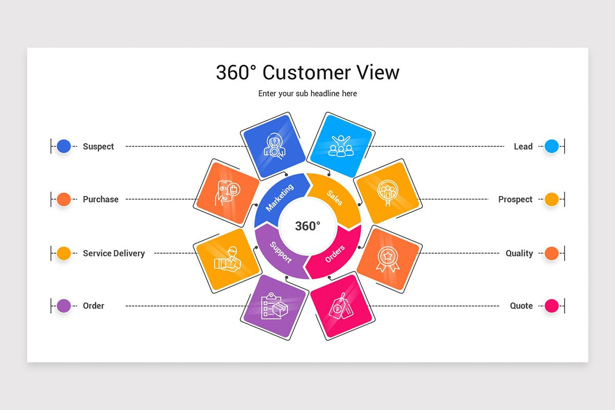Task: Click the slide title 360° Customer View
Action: [x=307, y=72]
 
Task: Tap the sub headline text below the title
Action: [x=307, y=94]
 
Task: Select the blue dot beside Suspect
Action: [x=64, y=146]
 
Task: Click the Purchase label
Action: [x=100, y=199]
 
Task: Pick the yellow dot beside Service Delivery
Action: [x=64, y=253]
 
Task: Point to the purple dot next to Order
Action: [x=64, y=306]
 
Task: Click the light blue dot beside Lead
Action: [x=551, y=146]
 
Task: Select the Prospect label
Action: [x=515, y=199]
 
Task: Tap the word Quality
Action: [x=519, y=253]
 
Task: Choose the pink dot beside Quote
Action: [x=551, y=306]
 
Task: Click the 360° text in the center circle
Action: [x=307, y=226]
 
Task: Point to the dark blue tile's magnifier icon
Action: [x=274, y=146]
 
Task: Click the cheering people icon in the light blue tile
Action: [x=341, y=146]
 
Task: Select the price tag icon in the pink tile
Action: [x=341, y=306]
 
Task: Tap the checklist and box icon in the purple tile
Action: [x=274, y=306]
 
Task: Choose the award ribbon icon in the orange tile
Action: [x=388, y=259]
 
